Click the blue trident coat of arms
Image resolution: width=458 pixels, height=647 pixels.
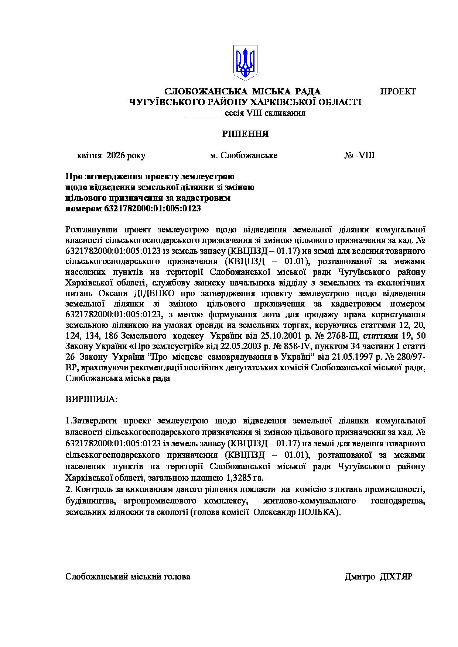pos(245,63)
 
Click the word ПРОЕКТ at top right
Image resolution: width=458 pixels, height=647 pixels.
pos(398,91)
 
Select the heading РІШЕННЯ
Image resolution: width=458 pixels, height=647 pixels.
pos(245,134)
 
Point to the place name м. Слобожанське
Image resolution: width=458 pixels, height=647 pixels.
pos(243,155)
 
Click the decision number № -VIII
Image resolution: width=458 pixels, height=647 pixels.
pos(359,155)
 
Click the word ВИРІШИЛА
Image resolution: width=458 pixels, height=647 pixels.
pos(91,399)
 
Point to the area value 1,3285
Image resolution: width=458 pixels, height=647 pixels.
pos(238,478)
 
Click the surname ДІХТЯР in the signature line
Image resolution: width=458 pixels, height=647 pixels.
pos(396,577)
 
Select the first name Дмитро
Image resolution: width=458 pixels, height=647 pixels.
pos(360,577)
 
